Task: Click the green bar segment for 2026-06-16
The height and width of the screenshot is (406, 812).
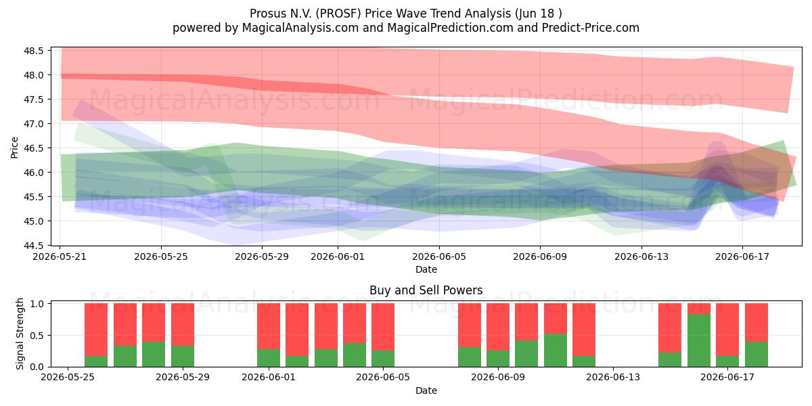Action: click(x=698, y=340)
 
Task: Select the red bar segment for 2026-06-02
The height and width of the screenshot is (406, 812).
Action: click(x=297, y=330)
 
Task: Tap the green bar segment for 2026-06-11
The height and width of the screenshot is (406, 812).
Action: click(x=556, y=351)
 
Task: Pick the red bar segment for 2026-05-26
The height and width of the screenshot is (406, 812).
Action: click(x=96, y=330)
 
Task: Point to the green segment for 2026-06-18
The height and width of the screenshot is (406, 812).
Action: click(x=757, y=354)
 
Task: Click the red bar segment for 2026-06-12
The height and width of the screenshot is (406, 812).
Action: click(x=584, y=330)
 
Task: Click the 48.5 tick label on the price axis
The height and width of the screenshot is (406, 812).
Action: click(x=34, y=51)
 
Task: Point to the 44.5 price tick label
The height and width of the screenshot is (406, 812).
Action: click(x=34, y=246)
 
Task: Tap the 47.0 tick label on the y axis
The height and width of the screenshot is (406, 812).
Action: click(x=34, y=124)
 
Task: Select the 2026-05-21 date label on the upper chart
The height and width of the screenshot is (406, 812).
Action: click(x=60, y=256)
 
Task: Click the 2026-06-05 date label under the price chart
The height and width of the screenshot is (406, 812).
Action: click(x=439, y=256)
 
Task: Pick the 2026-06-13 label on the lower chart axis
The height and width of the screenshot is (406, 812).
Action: click(x=613, y=378)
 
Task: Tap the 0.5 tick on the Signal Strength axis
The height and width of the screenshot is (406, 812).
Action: click(x=37, y=336)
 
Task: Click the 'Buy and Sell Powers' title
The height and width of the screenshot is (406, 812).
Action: click(x=426, y=290)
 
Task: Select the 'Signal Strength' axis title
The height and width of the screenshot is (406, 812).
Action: click(x=20, y=334)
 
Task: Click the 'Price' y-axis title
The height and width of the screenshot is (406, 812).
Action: click(x=14, y=148)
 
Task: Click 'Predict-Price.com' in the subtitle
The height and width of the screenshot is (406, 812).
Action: click(x=591, y=28)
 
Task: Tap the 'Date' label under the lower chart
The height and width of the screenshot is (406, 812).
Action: click(x=426, y=390)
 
